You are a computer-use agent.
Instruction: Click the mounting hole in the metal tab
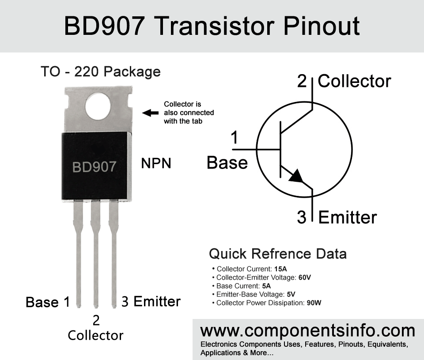pos(98,106)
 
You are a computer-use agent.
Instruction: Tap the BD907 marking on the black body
pos(95,167)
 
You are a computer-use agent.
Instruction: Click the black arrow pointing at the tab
pos(150,113)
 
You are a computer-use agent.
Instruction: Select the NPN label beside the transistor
pos(156,163)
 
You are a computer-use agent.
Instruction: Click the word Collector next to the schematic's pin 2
pos(354,81)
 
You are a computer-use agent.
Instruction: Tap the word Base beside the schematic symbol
pos(227,163)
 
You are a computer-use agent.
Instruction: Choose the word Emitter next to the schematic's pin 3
pos(348,217)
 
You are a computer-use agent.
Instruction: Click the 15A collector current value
pos(280,269)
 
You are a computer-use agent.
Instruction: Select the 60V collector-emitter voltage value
pos(305,277)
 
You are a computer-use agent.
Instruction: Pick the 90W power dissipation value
pos(314,303)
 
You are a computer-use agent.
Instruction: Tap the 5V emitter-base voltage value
pos(291,294)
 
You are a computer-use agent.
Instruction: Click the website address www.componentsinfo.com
pos(308,331)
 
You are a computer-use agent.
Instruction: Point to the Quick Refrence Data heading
pos(278,254)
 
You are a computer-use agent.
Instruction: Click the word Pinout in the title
pos(322,26)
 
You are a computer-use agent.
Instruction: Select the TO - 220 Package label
pos(101,72)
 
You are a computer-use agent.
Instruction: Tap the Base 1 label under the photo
pos(48,302)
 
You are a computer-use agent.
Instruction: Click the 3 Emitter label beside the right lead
pos(151,301)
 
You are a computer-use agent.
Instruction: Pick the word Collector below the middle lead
pos(95,336)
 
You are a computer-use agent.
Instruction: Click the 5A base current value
pos(266,286)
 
